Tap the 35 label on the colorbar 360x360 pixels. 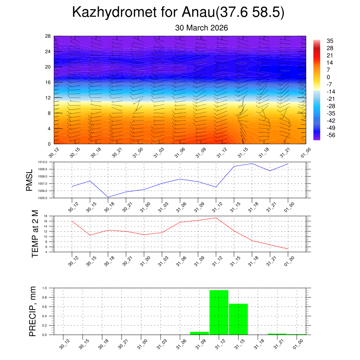click(330, 41)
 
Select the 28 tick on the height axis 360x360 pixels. click(48, 36)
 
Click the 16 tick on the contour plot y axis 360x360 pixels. click(48, 82)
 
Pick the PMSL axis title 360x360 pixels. click(29, 180)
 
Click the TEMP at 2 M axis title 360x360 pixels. click(35, 234)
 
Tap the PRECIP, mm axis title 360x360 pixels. click(33, 311)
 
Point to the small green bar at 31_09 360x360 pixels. click(199, 333)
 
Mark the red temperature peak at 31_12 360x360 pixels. click(216, 218)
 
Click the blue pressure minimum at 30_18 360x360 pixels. click(108, 197)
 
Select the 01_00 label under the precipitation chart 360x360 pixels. click(298, 344)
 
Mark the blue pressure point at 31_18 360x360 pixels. click(252, 163)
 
